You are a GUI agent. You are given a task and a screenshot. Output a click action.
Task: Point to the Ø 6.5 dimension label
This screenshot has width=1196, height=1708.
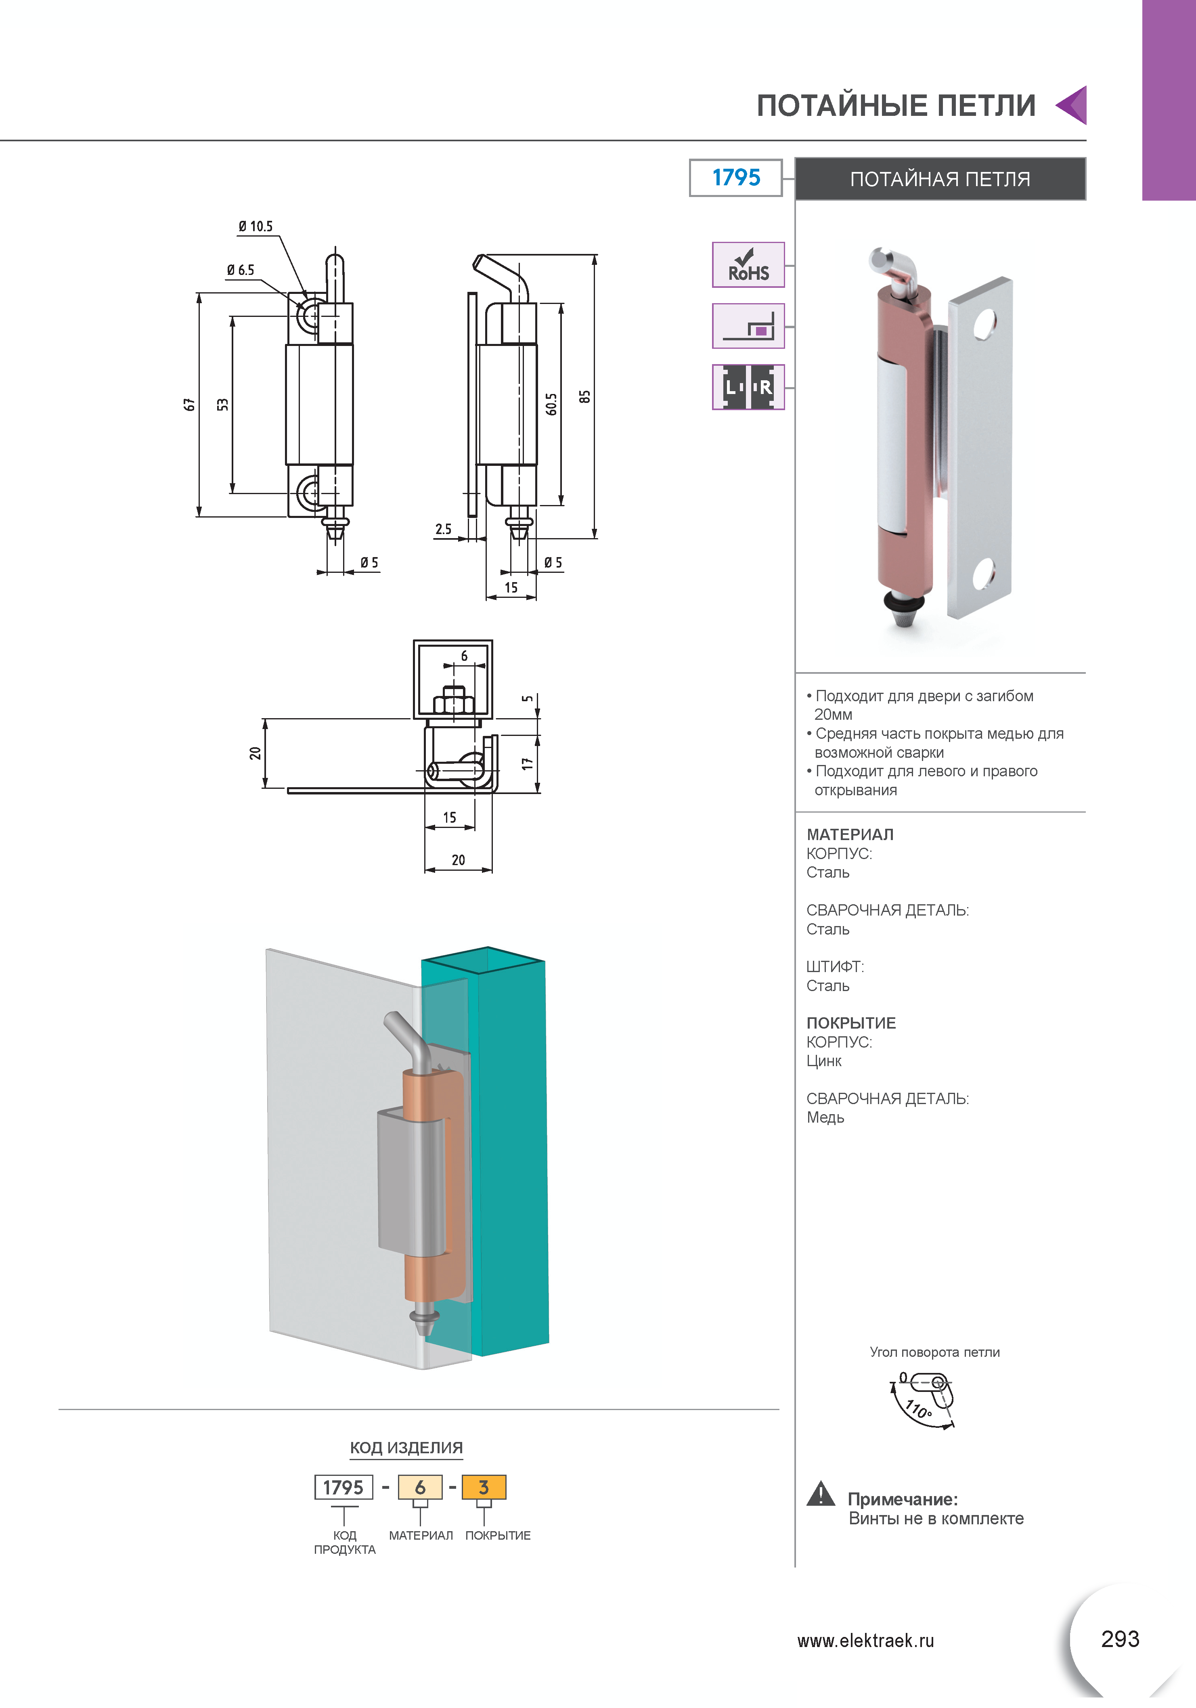click(x=240, y=270)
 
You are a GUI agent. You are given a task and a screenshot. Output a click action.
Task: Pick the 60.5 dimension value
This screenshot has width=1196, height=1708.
click(x=551, y=404)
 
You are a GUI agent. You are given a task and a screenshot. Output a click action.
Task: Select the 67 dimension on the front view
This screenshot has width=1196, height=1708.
click(x=190, y=404)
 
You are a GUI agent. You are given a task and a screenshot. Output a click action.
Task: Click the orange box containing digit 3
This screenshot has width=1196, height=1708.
click(x=484, y=1487)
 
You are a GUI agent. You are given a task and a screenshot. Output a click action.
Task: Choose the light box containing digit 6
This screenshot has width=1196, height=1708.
click(x=420, y=1487)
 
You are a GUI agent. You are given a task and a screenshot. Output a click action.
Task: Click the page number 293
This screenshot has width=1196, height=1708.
click(x=1120, y=1639)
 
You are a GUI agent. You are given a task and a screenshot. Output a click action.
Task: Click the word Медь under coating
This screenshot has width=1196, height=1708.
click(x=825, y=1117)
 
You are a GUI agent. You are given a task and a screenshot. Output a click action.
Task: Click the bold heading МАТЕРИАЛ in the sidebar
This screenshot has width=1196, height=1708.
click(x=850, y=835)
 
